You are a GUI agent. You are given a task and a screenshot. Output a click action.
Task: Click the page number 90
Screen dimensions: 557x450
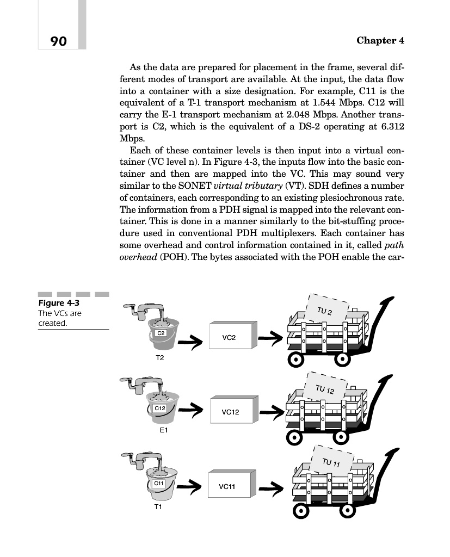click(58, 41)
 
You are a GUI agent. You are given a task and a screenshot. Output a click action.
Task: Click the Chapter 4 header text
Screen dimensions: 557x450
click(380, 41)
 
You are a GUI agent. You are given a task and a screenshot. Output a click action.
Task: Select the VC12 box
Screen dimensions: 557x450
click(232, 412)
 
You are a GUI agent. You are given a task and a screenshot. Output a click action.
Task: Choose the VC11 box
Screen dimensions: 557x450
click(229, 486)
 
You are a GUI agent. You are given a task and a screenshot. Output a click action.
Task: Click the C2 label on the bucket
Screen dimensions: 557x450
click(161, 332)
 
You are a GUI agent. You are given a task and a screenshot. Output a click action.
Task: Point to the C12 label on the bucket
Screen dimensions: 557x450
click(160, 407)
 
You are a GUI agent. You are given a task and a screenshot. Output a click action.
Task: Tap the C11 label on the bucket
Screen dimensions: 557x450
click(159, 482)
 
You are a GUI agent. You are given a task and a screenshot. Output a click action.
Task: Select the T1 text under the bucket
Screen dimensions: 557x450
click(158, 506)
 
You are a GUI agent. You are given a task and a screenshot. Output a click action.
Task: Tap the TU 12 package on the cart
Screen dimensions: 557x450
click(329, 389)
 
